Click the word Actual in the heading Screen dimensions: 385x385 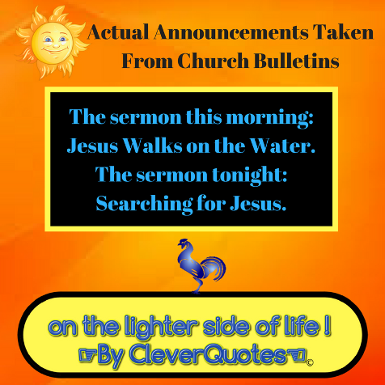[x=118, y=32]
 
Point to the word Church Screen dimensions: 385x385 [x=213, y=60]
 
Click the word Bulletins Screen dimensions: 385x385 [x=297, y=60]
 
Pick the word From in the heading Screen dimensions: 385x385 [x=147, y=61]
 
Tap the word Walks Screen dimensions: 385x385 [x=153, y=146]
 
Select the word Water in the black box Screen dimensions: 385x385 [x=282, y=146]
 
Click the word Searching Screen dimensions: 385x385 [x=144, y=204]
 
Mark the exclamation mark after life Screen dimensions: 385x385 [x=327, y=326]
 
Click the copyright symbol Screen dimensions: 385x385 [x=310, y=363]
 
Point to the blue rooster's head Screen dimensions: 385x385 [x=184, y=243]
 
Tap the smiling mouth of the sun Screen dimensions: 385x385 [x=53, y=50]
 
